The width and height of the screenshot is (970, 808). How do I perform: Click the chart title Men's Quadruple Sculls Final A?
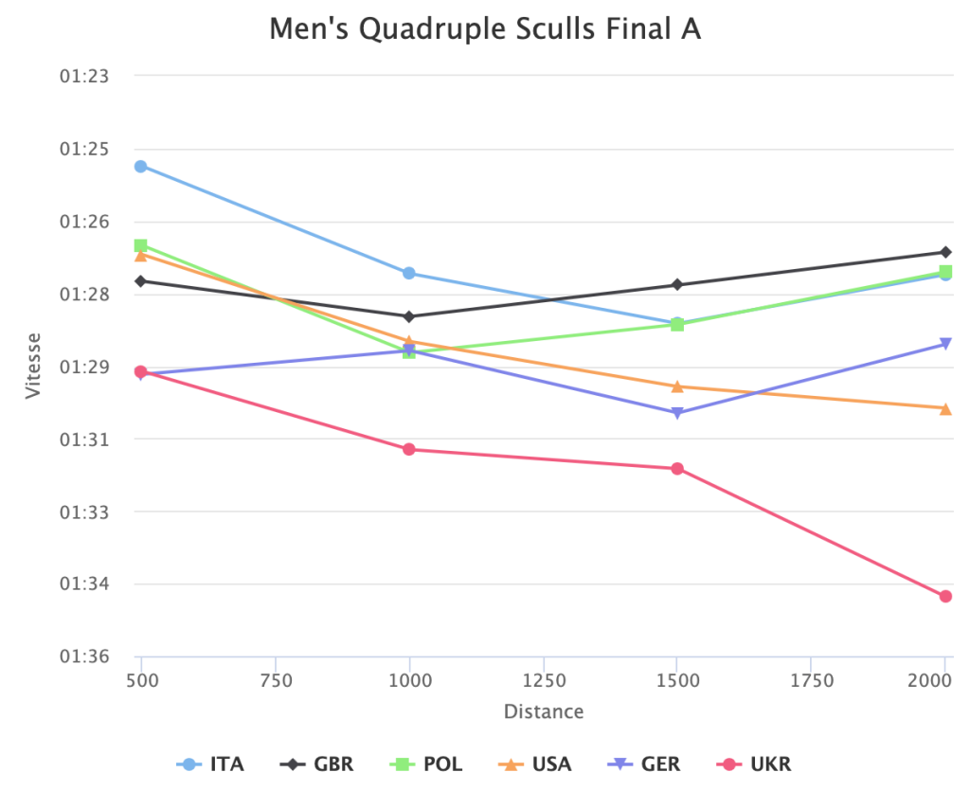[485, 29]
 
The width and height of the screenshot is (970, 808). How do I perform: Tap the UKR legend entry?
[756, 764]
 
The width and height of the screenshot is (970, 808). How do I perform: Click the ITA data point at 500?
[141, 167]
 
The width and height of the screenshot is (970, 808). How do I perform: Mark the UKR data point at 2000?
[945, 597]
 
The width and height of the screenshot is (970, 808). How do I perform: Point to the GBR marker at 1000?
[409, 316]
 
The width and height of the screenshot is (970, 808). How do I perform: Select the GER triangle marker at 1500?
[677, 414]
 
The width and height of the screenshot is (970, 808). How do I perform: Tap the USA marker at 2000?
[945, 408]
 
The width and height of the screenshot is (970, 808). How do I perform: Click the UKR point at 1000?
[409, 449]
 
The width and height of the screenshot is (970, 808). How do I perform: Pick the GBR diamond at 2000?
[945, 252]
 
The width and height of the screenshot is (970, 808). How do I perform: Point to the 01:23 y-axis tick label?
[85, 76]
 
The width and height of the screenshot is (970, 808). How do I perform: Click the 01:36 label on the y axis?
[85, 656]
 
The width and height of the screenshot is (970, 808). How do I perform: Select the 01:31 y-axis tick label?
[85, 440]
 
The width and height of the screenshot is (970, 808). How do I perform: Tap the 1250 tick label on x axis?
[544, 680]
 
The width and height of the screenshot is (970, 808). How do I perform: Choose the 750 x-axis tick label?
[276, 680]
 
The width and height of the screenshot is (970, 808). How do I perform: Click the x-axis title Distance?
[544, 711]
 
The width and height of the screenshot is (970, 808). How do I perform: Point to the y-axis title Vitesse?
[34, 366]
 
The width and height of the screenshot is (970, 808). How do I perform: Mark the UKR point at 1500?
[677, 469]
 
